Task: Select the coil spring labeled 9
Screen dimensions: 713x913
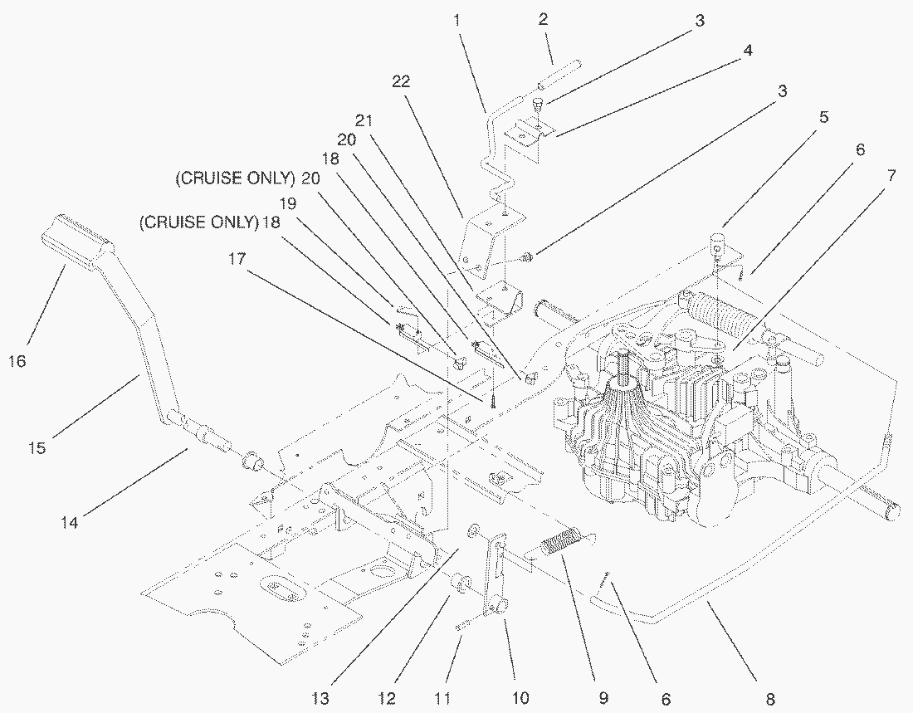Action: point(561,547)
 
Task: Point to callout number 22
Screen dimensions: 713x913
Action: point(402,81)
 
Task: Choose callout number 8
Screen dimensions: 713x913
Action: point(770,700)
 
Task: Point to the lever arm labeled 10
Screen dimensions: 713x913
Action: point(496,581)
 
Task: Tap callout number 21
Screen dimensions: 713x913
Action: point(363,119)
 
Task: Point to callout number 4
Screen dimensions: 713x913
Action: point(747,51)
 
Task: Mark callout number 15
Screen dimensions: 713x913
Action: point(36,448)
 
